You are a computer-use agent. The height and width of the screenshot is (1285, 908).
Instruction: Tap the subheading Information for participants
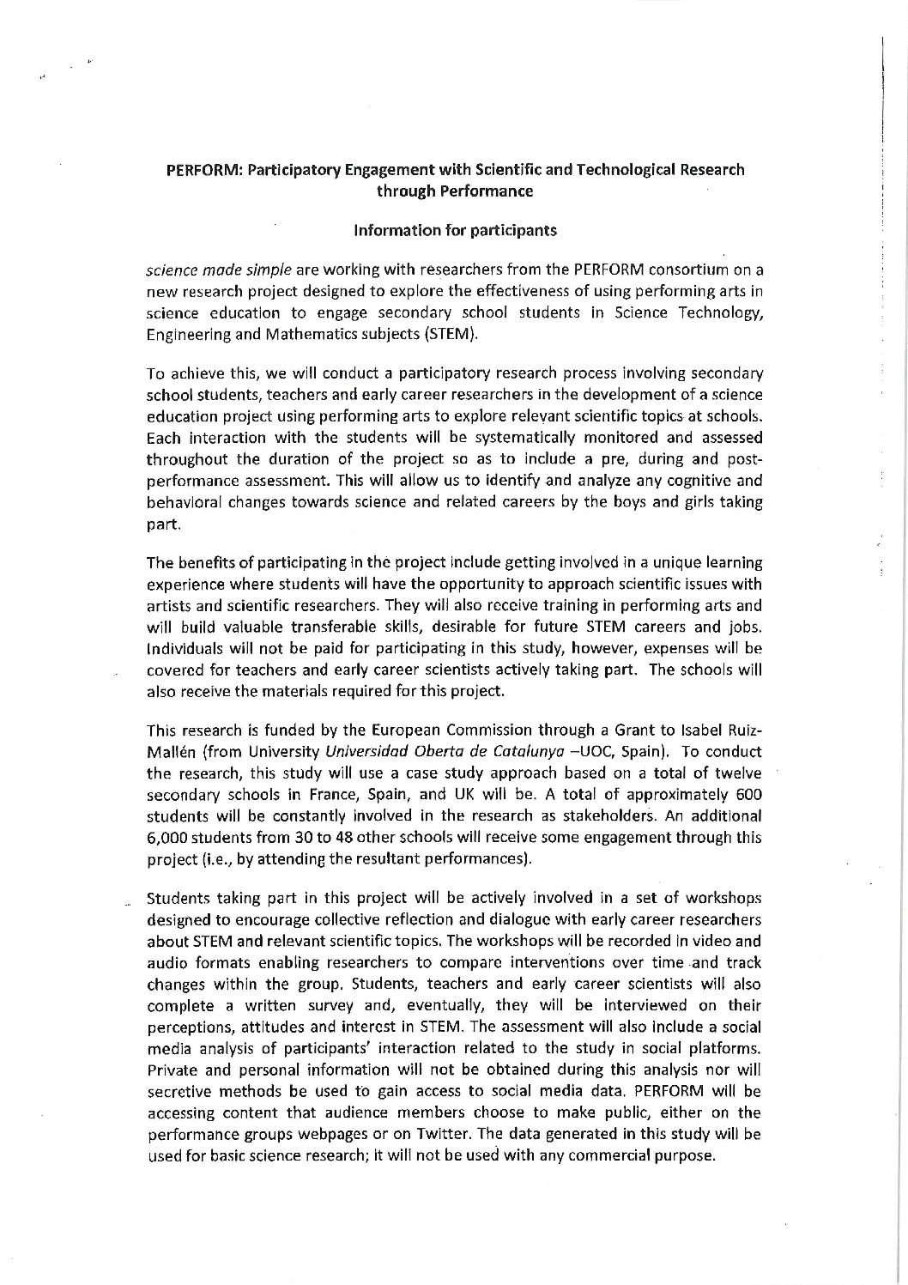point(455,230)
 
